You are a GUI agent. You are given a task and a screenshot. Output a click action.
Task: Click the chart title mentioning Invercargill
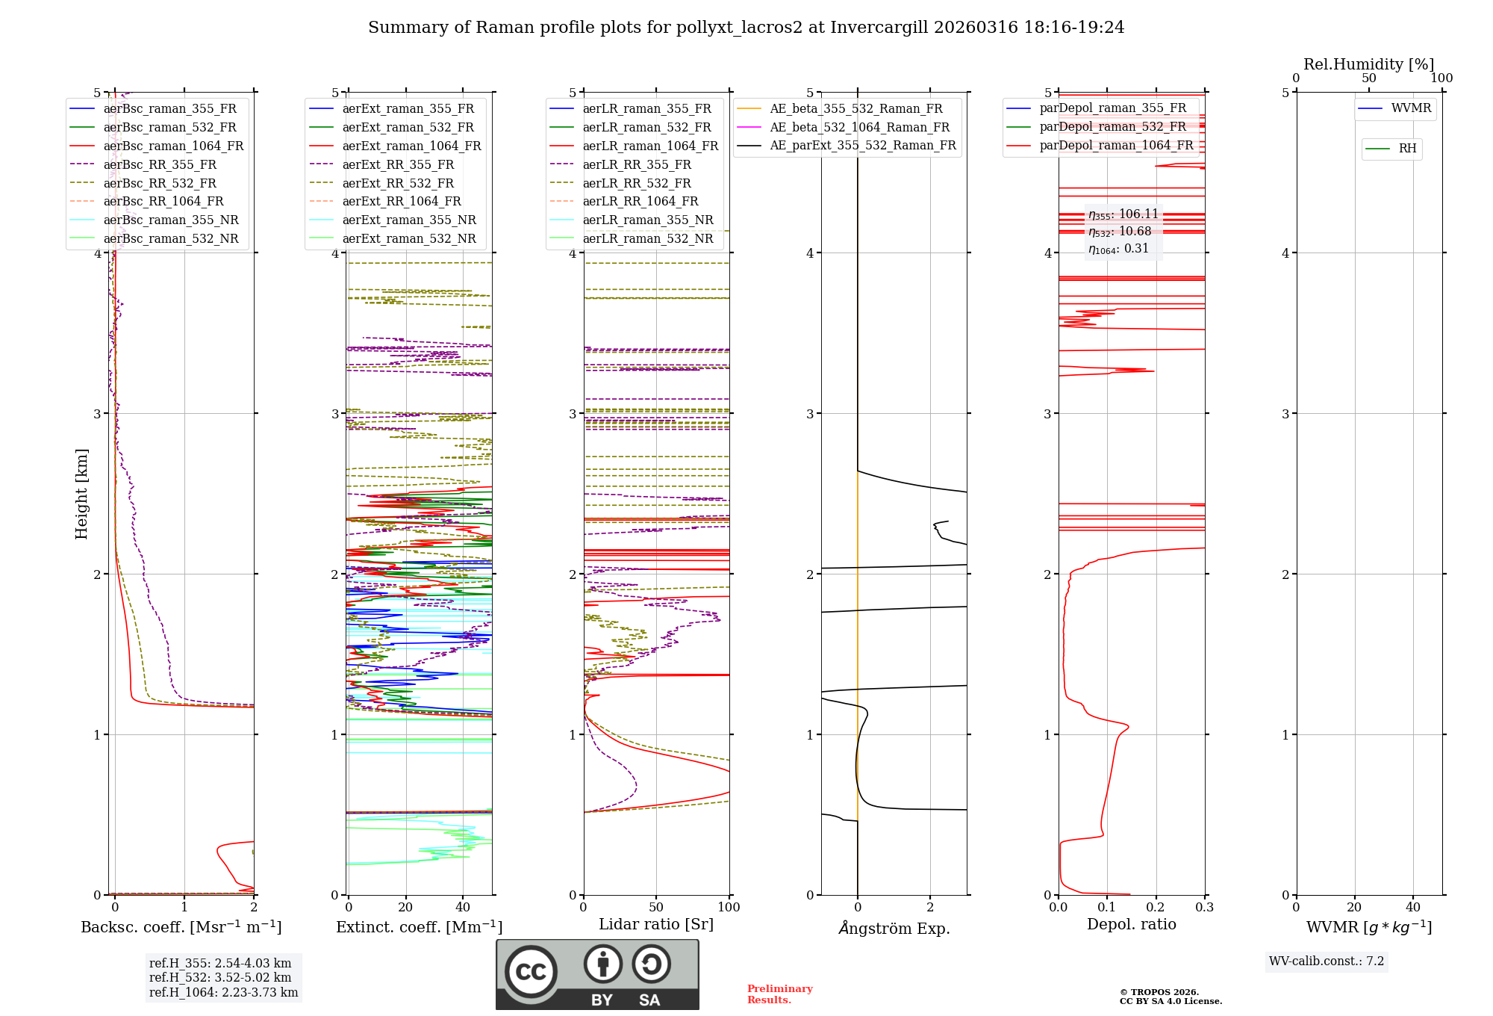746,28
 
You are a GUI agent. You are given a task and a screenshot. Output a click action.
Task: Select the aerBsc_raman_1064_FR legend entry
173,146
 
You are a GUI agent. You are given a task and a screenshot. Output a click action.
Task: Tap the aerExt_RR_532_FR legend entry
397,183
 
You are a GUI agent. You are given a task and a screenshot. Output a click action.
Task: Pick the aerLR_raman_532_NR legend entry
647,238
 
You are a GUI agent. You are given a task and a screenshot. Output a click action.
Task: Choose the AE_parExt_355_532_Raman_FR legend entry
862,145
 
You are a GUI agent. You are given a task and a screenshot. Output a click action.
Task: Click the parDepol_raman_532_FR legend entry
1112,126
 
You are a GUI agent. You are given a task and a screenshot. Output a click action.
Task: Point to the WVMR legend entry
1410,108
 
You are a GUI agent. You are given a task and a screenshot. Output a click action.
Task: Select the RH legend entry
1406,149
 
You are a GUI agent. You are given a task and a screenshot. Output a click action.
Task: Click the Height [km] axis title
81,493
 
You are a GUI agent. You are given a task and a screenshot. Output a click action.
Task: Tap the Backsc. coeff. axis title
181,927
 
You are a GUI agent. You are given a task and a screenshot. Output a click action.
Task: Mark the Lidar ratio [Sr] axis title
655,924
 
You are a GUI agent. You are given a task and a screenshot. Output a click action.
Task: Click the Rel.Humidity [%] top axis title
1368,64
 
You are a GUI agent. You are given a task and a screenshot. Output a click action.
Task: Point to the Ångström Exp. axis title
894,928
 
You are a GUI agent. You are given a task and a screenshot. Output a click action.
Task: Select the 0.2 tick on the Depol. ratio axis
1156,907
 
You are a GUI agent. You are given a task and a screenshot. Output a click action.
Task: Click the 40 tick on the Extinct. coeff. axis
463,907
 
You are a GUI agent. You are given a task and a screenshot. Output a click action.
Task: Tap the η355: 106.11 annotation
1123,214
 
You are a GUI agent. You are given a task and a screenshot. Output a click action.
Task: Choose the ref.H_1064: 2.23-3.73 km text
223,992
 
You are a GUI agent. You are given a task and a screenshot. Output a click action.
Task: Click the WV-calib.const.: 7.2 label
1326,961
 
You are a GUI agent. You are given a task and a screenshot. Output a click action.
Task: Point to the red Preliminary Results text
779,994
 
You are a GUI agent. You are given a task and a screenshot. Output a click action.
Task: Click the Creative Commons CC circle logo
531,971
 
